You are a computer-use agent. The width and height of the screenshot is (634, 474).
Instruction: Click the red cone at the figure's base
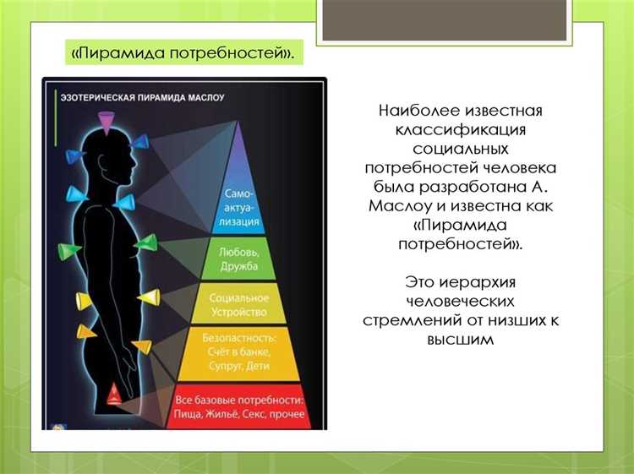pos(112,392)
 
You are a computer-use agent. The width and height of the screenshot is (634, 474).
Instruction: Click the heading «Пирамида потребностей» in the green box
pos(183,53)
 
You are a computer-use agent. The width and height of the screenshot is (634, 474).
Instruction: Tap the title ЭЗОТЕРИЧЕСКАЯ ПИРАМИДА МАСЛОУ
pos(142,98)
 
